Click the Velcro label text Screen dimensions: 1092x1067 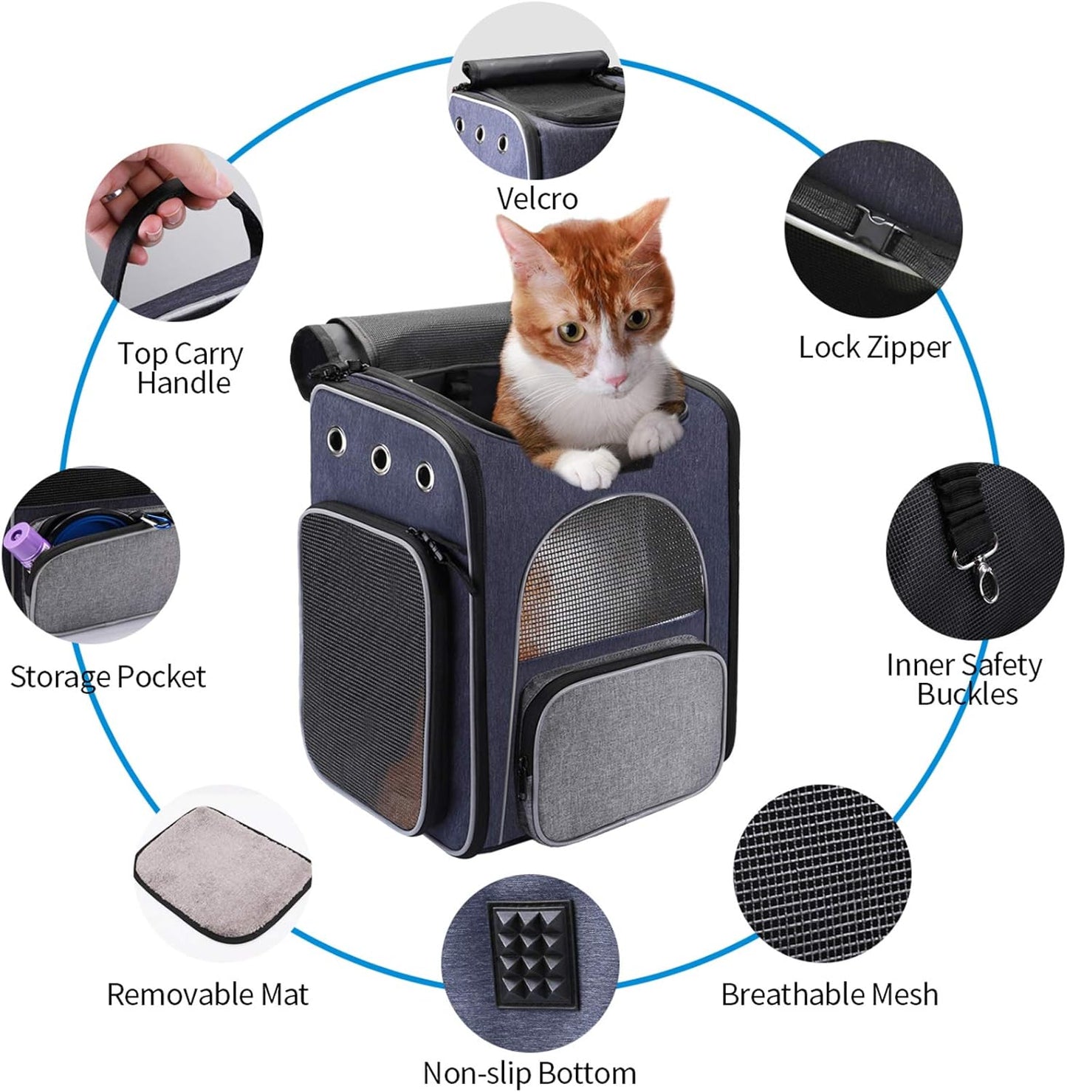click(x=537, y=199)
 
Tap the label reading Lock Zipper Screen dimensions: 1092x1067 click(x=874, y=347)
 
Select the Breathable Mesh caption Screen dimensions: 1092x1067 click(x=829, y=995)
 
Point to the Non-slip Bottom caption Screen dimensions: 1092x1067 click(x=529, y=1072)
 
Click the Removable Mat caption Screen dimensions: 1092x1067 click(x=207, y=995)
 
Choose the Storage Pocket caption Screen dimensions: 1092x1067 click(x=108, y=676)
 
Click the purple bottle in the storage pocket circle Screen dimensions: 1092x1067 click(x=27, y=546)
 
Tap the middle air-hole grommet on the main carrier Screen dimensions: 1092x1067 click(x=381, y=459)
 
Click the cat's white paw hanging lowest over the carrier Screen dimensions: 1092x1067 click(x=589, y=470)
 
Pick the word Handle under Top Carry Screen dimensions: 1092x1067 click(x=184, y=383)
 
